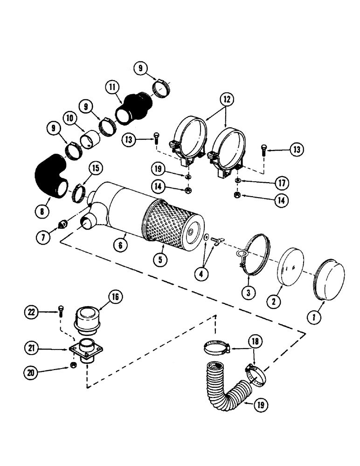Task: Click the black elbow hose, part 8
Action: (x=49, y=176)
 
